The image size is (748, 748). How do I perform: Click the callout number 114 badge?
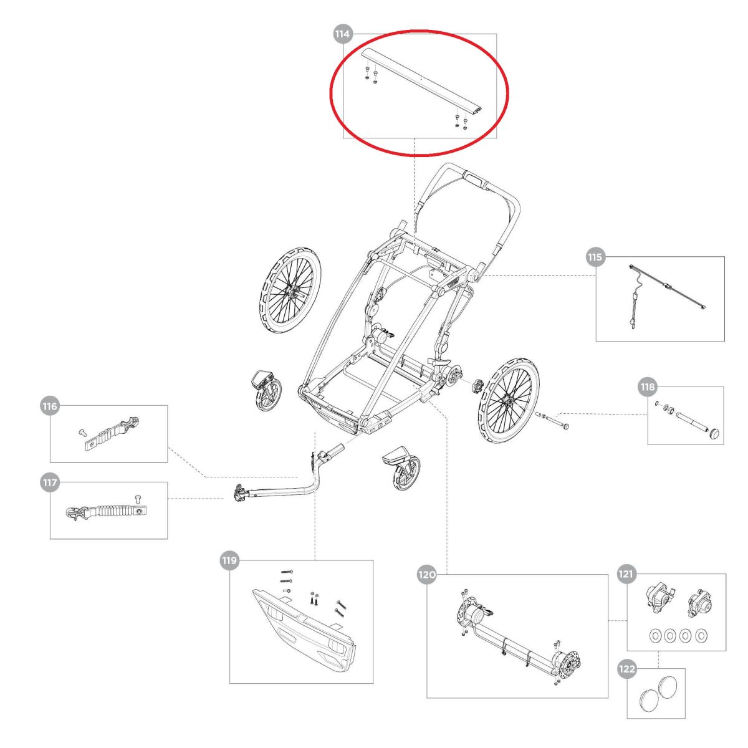coord(342,34)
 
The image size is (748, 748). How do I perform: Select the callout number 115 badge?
coord(595,257)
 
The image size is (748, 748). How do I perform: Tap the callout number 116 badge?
coord(49,406)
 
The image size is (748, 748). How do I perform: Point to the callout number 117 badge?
coord(49,482)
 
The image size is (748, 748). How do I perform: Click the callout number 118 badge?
coord(648,387)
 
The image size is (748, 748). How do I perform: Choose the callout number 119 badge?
coord(229,560)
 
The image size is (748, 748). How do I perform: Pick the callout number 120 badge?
coord(426,575)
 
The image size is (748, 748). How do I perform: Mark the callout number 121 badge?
coord(626,574)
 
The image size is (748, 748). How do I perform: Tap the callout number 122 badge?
coord(626,669)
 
